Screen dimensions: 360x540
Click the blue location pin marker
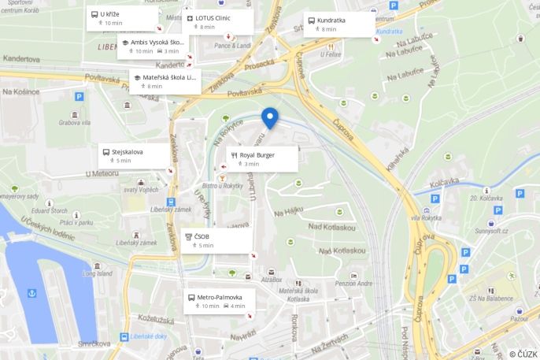click(270, 117)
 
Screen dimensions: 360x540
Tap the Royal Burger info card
click(262, 158)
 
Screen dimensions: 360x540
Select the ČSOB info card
click(216, 240)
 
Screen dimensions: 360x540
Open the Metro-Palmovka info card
click(220, 301)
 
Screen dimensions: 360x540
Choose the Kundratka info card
click(338, 24)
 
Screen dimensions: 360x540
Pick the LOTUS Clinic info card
click(218, 22)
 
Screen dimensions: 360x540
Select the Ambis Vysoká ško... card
click(153, 46)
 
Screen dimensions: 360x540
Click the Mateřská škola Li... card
click(165, 81)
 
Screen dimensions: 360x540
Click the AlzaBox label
click(272, 279)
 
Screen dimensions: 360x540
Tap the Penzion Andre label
click(353, 284)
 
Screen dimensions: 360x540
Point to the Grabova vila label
click(75, 122)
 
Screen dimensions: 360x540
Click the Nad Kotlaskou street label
click(331, 228)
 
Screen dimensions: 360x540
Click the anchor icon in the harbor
click(32, 293)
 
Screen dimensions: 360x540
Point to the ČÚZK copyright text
click(523, 354)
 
